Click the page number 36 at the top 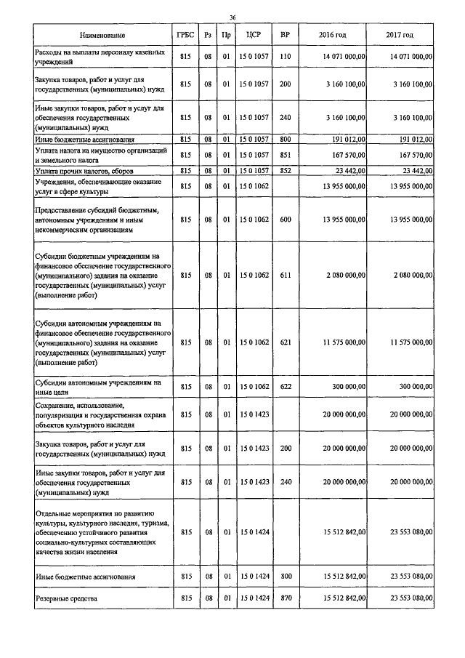coord(232,17)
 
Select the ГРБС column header coord(185,36)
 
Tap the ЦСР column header coord(254,36)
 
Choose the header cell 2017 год coord(400,36)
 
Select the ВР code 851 coord(285,154)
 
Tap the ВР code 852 coord(285,170)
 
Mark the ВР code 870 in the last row coord(285,598)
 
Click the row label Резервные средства coord(66,598)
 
